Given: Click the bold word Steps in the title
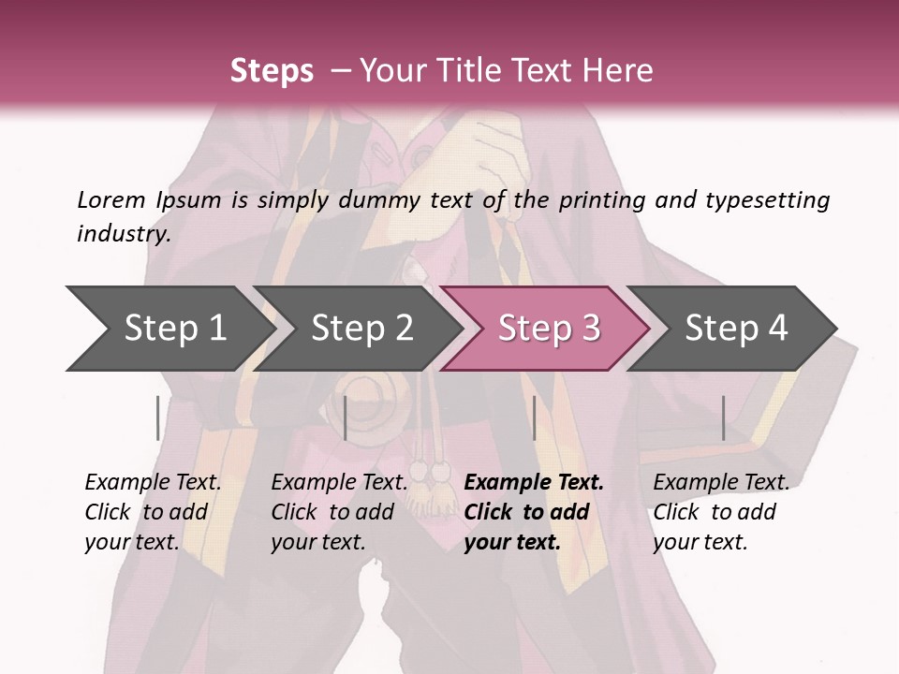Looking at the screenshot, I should coord(272,71).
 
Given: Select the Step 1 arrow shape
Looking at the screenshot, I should coord(169,328).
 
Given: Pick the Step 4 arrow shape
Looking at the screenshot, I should coord(733,328).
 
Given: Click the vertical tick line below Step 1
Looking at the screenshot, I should coord(158,418).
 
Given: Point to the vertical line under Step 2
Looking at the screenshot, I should coord(346,418).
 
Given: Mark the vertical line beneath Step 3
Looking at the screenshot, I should coord(534,418).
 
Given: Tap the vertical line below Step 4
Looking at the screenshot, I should coord(723,418).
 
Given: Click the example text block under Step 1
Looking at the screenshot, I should coord(153,512).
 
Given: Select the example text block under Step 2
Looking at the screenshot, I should coord(339,512).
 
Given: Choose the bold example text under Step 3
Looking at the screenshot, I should coord(534,512).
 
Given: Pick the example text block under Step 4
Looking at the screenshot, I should coord(721,512).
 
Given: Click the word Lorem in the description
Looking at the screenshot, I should coord(111,199).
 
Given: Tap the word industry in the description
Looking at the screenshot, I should coord(124,234).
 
